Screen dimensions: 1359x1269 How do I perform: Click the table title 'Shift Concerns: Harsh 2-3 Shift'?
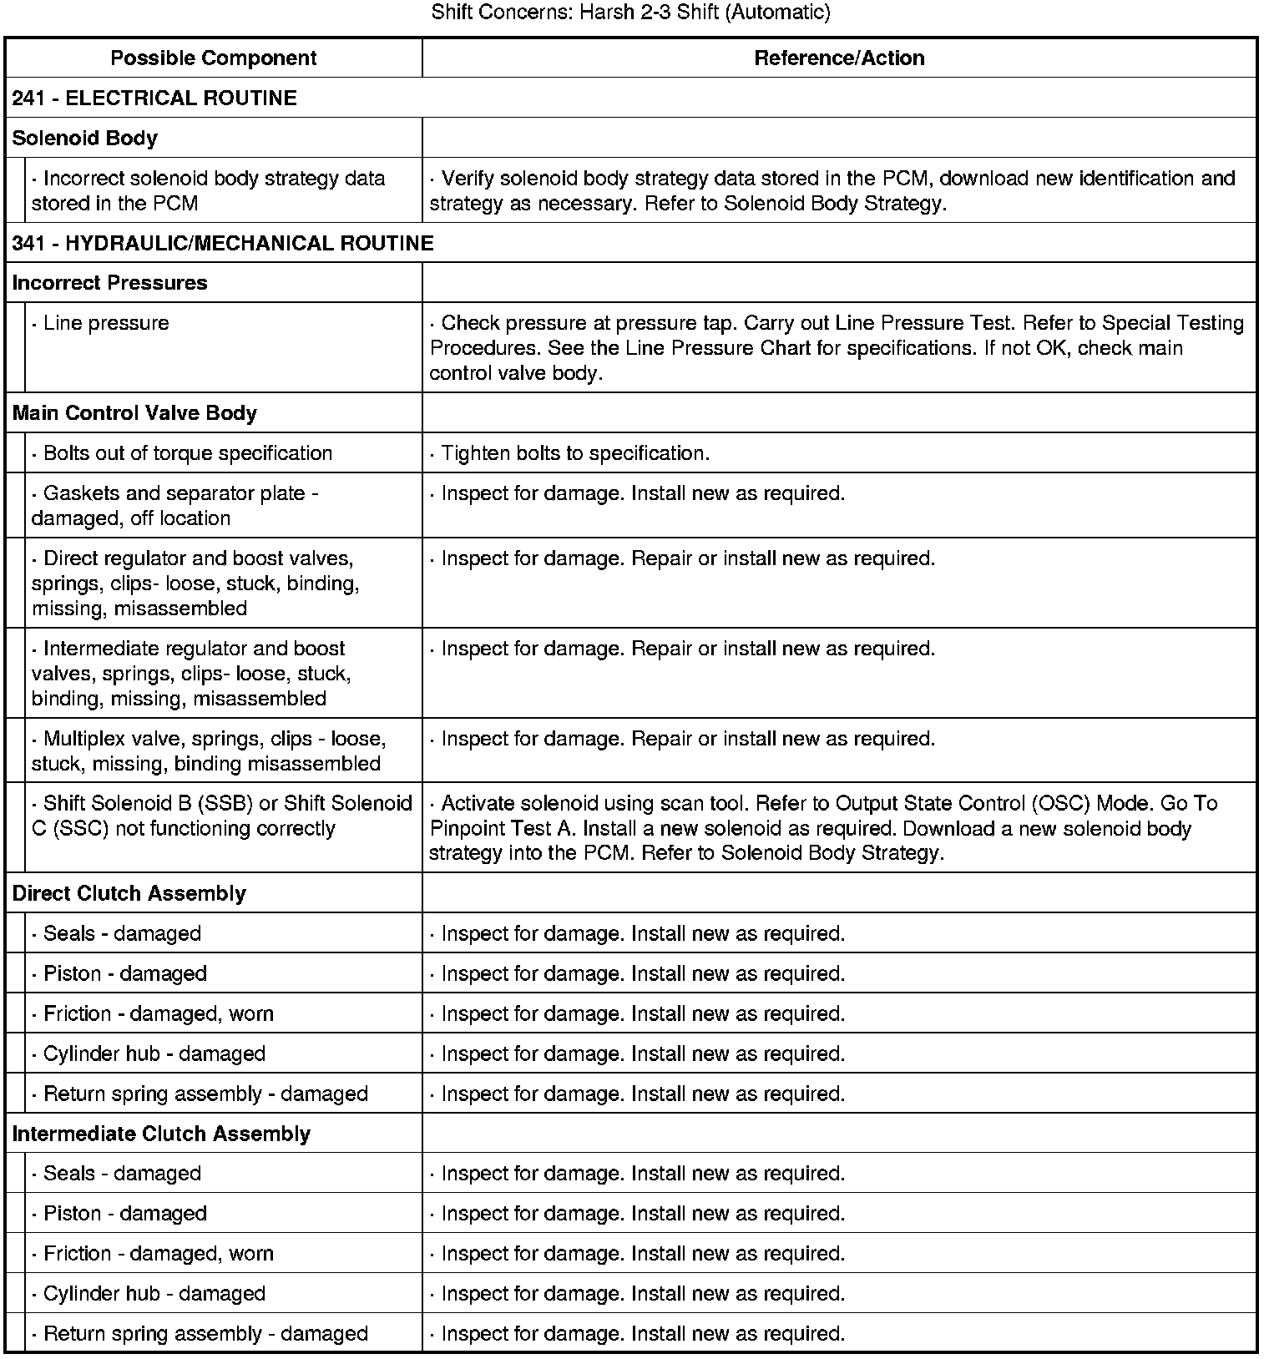630,13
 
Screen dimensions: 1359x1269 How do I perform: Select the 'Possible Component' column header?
214,58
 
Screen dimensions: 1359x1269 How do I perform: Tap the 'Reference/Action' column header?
839,58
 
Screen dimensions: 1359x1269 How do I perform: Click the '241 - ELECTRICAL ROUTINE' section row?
154,98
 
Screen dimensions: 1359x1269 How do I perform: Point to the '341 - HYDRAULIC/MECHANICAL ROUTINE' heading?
223,243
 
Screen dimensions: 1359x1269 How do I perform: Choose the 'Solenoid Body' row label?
85,138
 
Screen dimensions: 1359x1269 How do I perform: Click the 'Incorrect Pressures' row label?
109,282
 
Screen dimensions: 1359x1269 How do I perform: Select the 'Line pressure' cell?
106,323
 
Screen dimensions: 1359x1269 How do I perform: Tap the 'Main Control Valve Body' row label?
134,413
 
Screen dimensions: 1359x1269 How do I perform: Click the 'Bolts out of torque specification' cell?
188,453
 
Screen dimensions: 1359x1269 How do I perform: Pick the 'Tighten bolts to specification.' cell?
575,453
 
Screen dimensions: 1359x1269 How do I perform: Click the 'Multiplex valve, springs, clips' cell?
209,750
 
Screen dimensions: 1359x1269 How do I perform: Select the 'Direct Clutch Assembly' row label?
129,893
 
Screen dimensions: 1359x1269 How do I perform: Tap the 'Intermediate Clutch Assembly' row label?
161,1134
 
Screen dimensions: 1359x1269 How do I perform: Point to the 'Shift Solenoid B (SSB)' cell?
222,816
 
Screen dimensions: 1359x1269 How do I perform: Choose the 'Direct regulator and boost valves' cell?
197,583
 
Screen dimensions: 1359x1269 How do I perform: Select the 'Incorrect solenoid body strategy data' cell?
209,190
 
